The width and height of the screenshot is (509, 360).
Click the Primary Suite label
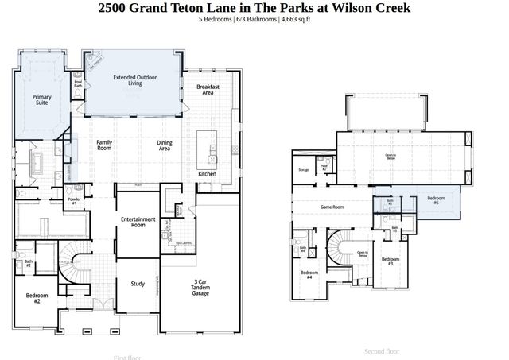coord(41,100)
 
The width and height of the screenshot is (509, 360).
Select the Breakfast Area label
coord(208,89)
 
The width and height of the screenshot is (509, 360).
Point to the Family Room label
coord(103,145)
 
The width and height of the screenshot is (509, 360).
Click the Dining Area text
coord(165,145)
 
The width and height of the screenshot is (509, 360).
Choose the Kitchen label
coord(207,173)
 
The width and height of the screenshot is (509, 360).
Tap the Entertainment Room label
coord(138,222)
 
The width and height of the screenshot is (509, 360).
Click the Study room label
coord(137,284)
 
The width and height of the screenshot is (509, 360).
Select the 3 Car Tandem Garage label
coord(200,287)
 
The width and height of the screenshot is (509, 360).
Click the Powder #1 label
coord(73,201)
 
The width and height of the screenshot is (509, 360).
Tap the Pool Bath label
coord(78,83)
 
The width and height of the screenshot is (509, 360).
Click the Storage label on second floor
coord(303,170)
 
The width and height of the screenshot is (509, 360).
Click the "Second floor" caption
coord(382,351)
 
